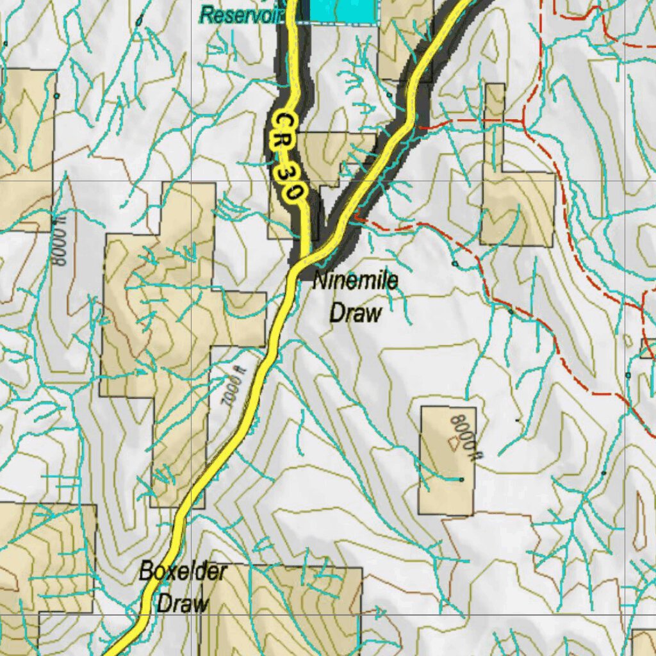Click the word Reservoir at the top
point(240,15)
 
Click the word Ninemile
point(356,281)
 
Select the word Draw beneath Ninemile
point(355,313)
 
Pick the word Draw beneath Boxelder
point(183,603)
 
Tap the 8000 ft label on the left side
point(60,248)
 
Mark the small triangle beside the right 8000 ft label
point(453,442)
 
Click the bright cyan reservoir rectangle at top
point(341,9)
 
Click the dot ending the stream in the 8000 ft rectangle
point(461,479)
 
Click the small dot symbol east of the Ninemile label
point(455,263)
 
